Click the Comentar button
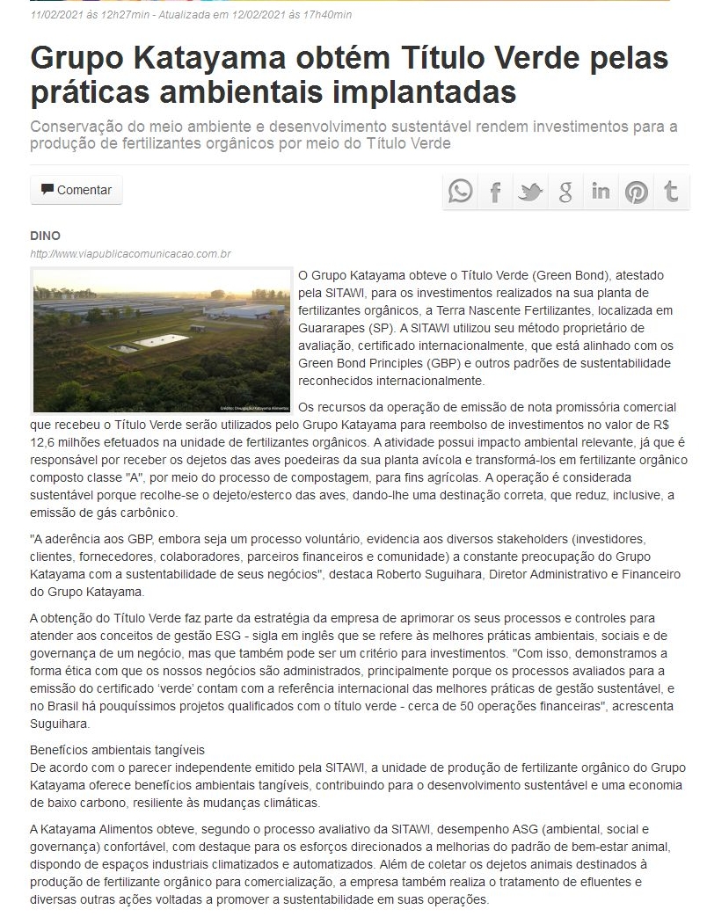point(77,190)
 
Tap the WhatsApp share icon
point(460,191)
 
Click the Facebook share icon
point(495,191)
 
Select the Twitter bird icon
point(530,191)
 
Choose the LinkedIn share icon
point(601,191)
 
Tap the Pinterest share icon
point(636,191)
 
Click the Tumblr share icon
point(671,191)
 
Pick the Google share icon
point(565,191)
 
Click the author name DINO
point(45,236)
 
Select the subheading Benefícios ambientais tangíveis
point(117,750)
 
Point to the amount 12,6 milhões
point(69,443)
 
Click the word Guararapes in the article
point(335,328)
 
